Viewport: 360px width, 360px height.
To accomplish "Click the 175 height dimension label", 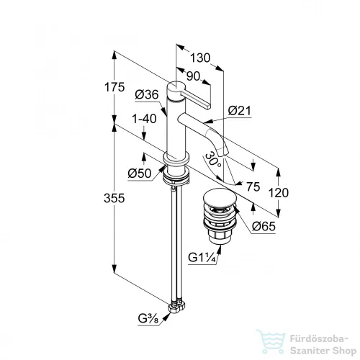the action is [114, 87].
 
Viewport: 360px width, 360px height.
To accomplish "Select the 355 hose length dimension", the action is [114, 198].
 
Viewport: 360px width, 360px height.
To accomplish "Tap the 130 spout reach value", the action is [200, 58].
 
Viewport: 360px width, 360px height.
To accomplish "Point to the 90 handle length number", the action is [193, 76].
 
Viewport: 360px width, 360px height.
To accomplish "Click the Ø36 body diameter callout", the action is [147, 94].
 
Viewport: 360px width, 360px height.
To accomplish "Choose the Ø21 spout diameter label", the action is [239, 111].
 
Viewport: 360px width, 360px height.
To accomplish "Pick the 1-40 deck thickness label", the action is [144, 119].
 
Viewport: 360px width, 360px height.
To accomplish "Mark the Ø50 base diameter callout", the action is [140, 173].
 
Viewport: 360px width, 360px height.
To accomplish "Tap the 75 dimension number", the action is [253, 186].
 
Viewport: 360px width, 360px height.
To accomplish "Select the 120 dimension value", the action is [279, 193].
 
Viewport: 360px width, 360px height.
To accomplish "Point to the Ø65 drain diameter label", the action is [264, 226].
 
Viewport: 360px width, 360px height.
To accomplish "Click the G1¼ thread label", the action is [201, 258].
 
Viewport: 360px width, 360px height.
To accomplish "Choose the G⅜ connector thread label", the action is [148, 319].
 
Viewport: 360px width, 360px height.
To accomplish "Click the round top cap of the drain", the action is [220, 198].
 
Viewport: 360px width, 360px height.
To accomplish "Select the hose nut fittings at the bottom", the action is [177, 306].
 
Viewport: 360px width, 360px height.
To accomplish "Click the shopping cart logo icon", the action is [271, 341].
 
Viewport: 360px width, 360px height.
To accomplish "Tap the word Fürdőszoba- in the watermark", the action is [319, 339].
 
